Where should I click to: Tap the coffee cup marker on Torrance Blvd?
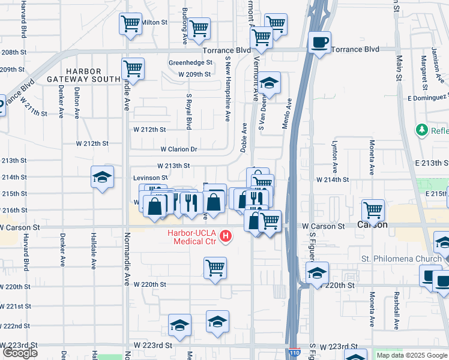coord(319,43)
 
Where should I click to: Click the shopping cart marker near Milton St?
coord(130,24)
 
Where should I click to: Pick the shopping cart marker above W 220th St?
coord(215,268)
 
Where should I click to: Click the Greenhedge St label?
coord(191,62)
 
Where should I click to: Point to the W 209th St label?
coord(194,74)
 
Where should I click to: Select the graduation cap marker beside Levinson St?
coord(103,176)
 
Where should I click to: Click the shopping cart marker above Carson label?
coord(373,211)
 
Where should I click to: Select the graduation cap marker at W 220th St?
coord(317,273)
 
